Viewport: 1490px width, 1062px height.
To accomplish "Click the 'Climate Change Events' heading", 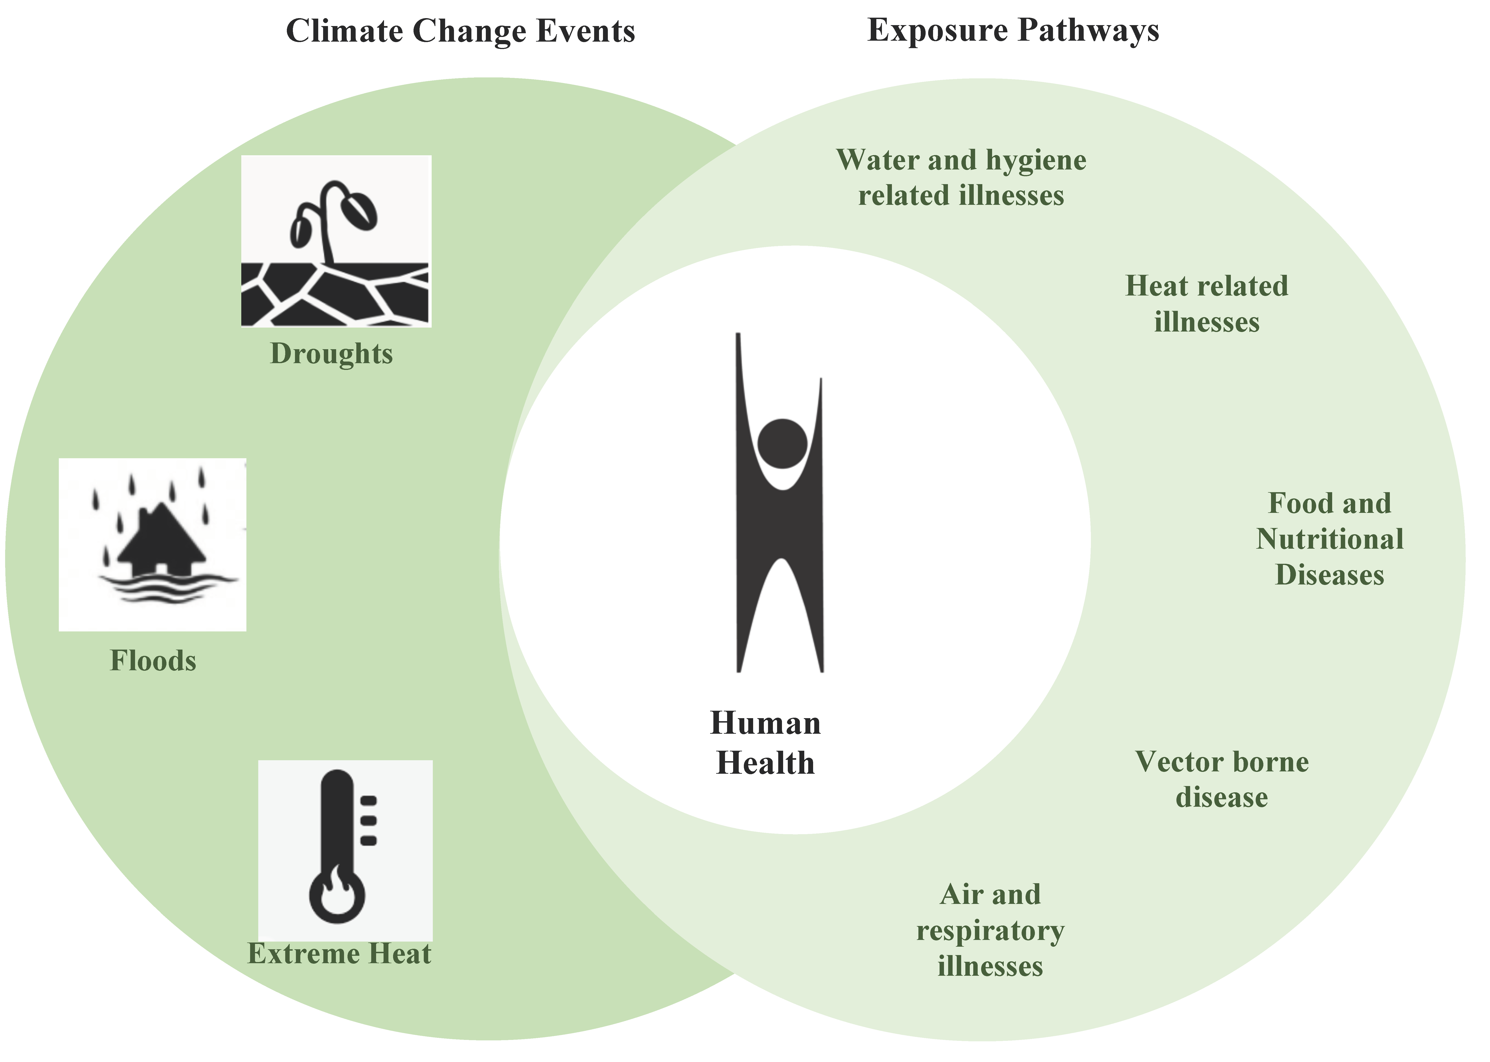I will [460, 31].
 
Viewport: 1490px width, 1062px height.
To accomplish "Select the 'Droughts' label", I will [331, 354].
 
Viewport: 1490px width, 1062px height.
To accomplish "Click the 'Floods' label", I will [153, 661].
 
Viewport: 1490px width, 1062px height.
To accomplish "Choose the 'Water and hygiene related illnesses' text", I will [961, 177].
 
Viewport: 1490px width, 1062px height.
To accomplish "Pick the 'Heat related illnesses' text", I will [1206, 304].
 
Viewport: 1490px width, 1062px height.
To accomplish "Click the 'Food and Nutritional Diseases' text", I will [1329, 540].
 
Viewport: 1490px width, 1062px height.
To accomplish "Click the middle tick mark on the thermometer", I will [369, 820].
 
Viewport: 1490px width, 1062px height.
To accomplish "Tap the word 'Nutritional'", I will [1329, 540].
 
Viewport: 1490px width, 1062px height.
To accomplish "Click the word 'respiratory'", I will [990, 931].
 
